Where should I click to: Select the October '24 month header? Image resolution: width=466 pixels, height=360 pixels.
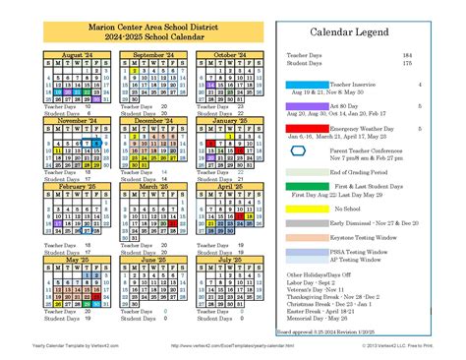click(230, 56)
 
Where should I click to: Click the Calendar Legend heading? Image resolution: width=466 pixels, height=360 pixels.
click(355, 32)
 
